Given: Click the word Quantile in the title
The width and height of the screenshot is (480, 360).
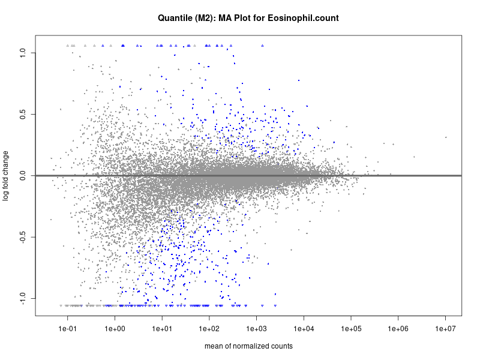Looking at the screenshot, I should [176, 18].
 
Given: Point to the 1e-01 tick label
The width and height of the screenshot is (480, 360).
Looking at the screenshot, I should [67, 329].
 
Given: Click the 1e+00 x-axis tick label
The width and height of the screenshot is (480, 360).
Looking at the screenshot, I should [115, 329].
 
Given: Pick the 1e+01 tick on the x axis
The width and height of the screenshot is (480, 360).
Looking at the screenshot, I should [162, 329].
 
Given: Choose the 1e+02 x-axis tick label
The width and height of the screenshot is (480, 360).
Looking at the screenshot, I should [209, 329].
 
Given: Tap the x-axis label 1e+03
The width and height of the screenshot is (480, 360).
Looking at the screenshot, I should [257, 329].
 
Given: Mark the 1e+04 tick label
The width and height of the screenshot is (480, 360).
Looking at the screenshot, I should [304, 329].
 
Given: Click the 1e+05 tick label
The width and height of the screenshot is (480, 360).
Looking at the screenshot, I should [352, 329].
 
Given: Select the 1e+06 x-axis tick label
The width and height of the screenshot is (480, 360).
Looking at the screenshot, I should [399, 329].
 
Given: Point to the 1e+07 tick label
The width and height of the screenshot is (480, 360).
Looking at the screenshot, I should [446, 329].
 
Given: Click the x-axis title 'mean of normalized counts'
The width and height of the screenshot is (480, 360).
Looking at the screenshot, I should [248, 346].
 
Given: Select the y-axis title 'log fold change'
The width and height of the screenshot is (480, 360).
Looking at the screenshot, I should [5, 176].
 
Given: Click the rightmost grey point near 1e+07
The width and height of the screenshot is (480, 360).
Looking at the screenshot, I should [446, 137].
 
